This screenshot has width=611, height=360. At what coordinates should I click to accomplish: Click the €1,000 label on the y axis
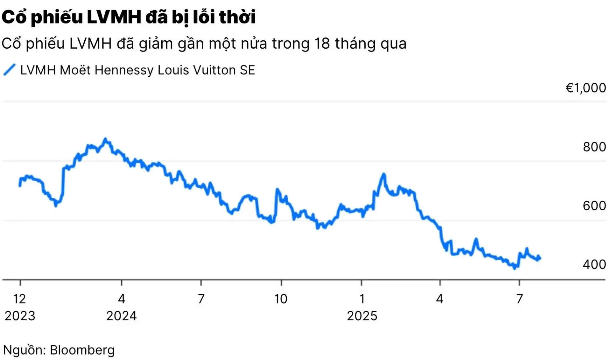[x=586, y=88]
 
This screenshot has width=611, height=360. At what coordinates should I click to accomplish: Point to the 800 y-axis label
[x=594, y=147]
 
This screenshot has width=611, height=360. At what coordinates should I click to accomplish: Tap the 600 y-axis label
[x=594, y=206]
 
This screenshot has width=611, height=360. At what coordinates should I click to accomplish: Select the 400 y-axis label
[x=594, y=265]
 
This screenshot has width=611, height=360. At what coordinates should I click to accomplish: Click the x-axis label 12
[x=19, y=299]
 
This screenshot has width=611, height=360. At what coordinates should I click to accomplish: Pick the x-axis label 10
[x=281, y=299]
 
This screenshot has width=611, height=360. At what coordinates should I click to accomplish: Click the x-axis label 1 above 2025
[x=362, y=299]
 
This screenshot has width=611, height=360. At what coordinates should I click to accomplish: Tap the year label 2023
[x=20, y=316]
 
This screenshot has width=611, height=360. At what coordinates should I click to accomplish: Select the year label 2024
[x=121, y=316]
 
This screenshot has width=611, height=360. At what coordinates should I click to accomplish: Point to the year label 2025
[x=362, y=316]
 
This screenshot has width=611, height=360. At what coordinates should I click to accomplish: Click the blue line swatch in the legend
[x=9, y=70]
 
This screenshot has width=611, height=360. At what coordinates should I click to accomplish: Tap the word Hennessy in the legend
[x=124, y=70]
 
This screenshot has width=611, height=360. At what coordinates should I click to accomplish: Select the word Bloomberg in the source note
[x=82, y=350]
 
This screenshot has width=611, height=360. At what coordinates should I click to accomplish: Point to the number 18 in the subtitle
[x=322, y=43]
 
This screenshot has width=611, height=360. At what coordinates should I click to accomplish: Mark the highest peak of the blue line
[x=105, y=139]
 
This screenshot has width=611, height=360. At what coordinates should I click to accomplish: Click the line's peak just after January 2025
[x=384, y=174]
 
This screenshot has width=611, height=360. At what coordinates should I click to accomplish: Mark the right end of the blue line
[x=540, y=258]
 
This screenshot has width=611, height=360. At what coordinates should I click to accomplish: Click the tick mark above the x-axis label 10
[x=281, y=283]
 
